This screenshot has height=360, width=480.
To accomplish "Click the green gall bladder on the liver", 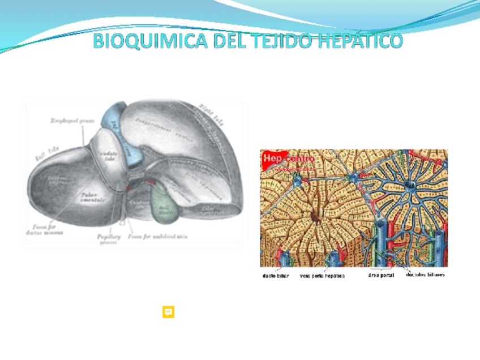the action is tap(165, 201).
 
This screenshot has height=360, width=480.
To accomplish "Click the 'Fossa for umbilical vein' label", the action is tap(157, 237).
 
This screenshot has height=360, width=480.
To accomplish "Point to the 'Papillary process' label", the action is tap(108, 239).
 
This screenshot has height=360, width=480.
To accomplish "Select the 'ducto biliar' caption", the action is tap(276, 276).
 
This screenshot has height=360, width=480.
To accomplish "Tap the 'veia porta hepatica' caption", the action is tap(322, 276).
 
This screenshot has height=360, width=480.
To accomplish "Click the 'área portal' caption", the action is tap(381, 276).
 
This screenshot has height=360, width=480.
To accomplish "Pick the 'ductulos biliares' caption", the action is tap(425, 275).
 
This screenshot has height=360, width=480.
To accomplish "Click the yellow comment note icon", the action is tap(168, 312).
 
